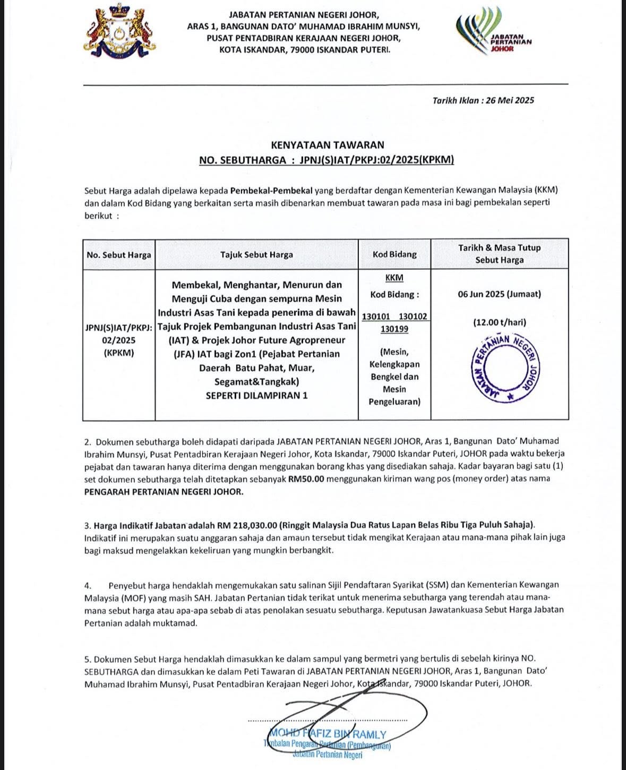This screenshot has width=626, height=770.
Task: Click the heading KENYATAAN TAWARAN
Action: coord(327,144)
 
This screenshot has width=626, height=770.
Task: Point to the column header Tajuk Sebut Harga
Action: coord(256,255)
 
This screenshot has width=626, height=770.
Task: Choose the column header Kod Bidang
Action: coord(395,254)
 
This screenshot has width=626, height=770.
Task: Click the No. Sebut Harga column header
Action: coord(119,255)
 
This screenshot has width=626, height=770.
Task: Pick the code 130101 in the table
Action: coord(376,316)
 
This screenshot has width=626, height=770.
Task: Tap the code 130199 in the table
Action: coord(395,329)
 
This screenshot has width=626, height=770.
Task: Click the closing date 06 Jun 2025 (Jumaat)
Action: coord(499,294)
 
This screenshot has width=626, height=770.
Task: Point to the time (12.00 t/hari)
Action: coord(500,322)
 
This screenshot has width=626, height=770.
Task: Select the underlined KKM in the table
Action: coord(395,278)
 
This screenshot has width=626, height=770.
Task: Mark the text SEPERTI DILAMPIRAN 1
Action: coord(256,396)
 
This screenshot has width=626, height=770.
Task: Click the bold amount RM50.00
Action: coord(306,479)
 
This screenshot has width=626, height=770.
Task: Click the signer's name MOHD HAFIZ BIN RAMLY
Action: coord(328,734)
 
